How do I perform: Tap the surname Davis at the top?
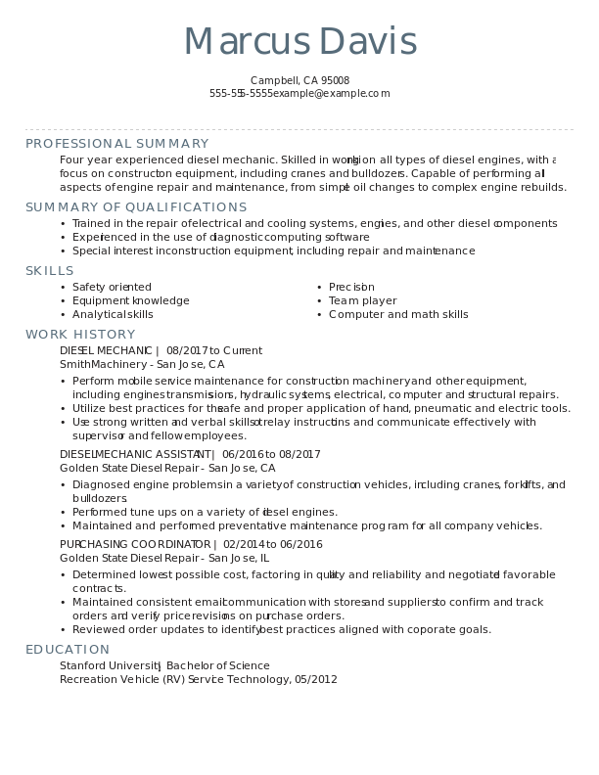[x=368, y=42]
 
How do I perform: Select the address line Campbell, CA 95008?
[x=299, y=80]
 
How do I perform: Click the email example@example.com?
[x=331, y=94]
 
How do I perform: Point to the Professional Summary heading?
[x=116, y=144]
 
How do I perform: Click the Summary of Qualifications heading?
[x=136, y=207]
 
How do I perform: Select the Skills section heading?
[x=49, y=271]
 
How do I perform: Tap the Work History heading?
[x=80, y=335]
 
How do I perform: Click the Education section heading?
[x=68, y=650]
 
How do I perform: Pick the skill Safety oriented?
[x=112, y=287]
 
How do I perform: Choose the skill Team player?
[x=362, y=300]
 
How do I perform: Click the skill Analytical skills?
[x=113, y=314]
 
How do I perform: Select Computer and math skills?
[x=398, y=314]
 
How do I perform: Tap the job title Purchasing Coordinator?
[x=136, y=544]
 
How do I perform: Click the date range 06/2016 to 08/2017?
[x=271, y=454]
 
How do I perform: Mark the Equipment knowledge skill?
[x=130, y=300]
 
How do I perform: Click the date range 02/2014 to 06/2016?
[x=272, y=544]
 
